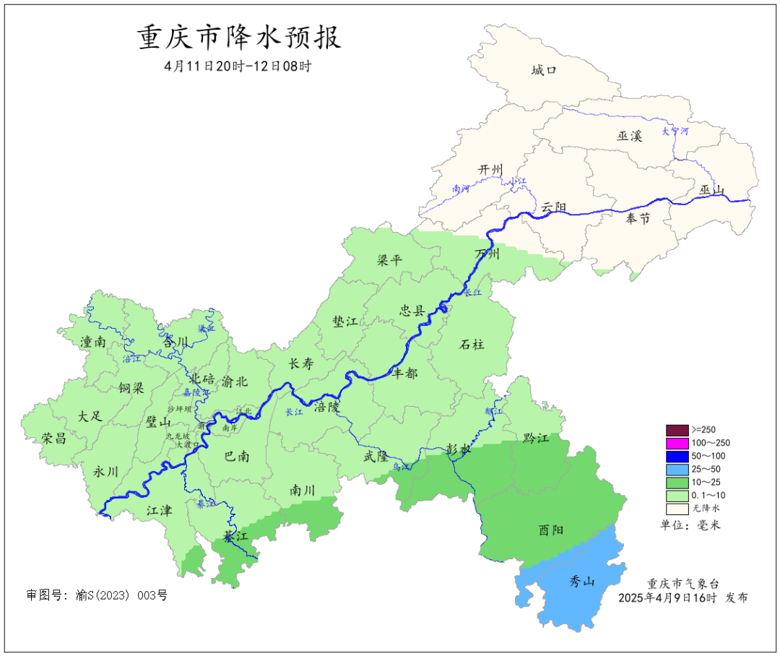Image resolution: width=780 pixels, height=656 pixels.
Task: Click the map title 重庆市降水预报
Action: [239, 38]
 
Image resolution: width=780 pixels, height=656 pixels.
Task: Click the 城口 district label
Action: [544, 70]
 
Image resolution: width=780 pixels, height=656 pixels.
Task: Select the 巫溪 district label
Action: [629, 136]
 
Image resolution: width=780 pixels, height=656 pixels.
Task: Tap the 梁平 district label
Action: [389, 261]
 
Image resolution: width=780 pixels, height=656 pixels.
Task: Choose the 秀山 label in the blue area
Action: [581, 582]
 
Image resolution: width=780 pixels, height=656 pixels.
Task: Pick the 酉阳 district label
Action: [552, 530]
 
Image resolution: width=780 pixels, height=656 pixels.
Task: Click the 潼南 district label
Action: [93, 342]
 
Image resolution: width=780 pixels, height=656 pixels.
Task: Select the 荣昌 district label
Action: [53, 438]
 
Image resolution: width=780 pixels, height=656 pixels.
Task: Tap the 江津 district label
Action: [159, 511]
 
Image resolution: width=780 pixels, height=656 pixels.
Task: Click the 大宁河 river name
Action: [675, 131]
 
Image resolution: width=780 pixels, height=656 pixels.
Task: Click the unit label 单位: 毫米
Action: [690, 525]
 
